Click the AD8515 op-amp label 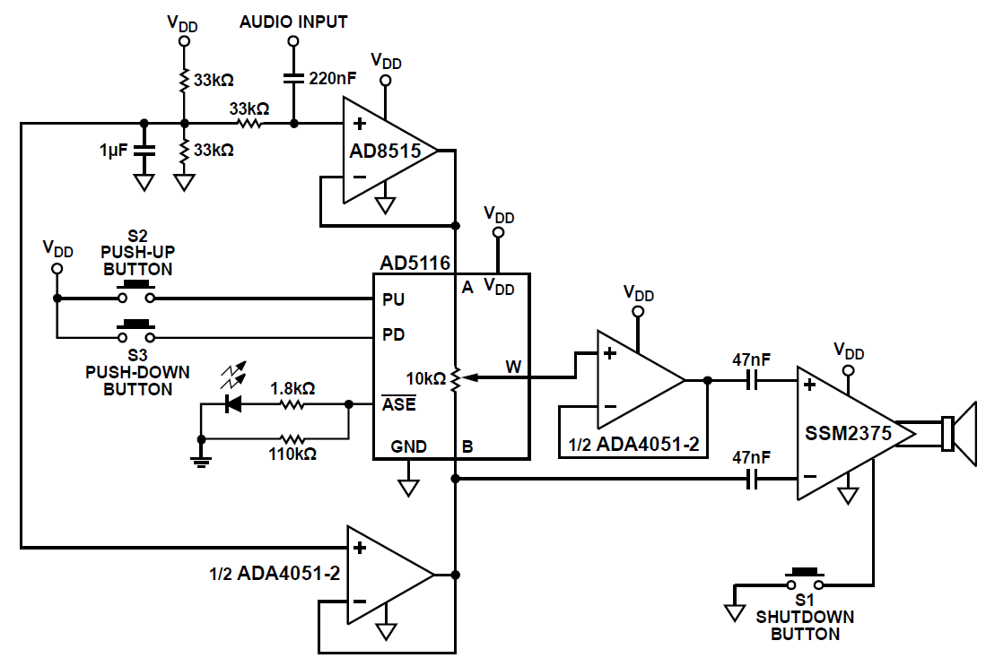click(x=385, y=151)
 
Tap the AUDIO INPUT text click(x=293, y=22)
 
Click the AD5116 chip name click(x=415, y=264)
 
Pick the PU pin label click(x=393, y=299)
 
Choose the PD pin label click(x=393, y=335)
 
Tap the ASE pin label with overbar click(x=399, y=404)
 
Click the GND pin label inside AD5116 click(x=408, y=446)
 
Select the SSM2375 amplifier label click(x=848, y=434)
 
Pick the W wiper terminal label click(x=513, y=366)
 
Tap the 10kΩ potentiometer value click(x=426, y=378)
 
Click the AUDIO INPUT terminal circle click(x=293, y=41)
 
